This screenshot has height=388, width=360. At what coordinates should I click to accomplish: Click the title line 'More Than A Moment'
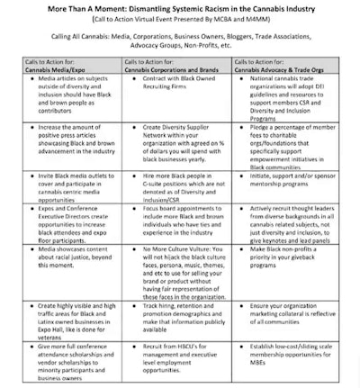coord(180,8)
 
